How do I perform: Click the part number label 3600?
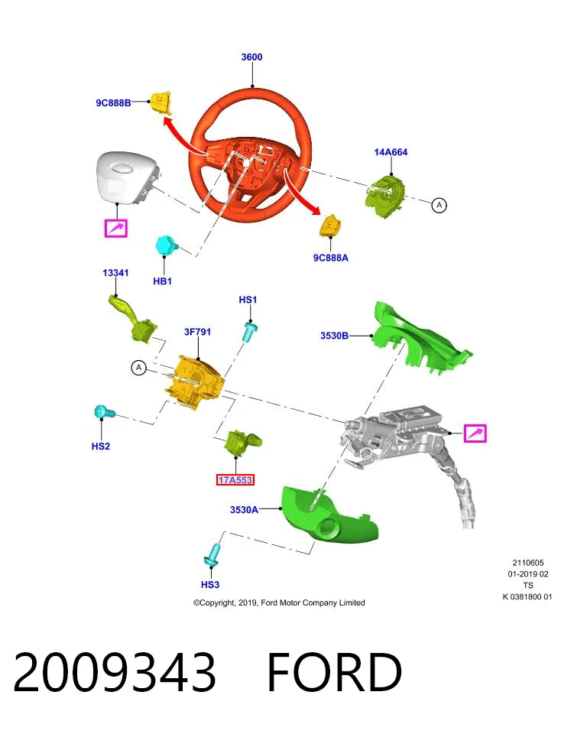pyautogui.click(x=251, y=57)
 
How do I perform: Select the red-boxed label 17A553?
pyautogui.click(x=235, y=480)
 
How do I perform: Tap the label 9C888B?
pyautogui.click(x=113, y=103)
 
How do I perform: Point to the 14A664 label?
pyautogui.click(x=391, y=152)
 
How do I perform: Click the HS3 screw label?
pyautogui.click(x=210, y=585)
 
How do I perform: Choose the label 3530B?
pyautogui.click(x=334, y=336)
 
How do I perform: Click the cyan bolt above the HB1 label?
pyautogui.click(x=167, y=245)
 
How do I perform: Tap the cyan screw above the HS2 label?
pyautogui.click(x=105, y=412)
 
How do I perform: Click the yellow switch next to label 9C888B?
pyautogui.click(x=161, y=103)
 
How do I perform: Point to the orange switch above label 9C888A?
pyautogui.click(x=330, y=226)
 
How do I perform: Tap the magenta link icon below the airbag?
pyautogui.click(x=115, y=229)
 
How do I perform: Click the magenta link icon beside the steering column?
pyautogui.click(x=475, y=433)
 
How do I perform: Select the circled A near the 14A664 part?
pyautogui.click(x=439, y=205)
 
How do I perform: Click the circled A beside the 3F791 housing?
pyautogui.click(x=138, y=368)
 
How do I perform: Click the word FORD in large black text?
pyautogui.click(x=334, y=672)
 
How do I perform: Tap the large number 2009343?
pyautogui.click(x=115, y=672)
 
